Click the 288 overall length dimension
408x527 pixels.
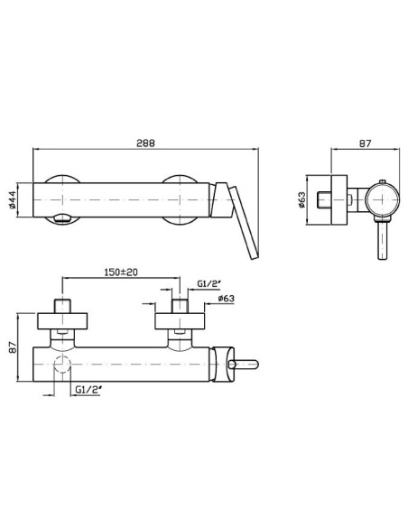tap(145, 143)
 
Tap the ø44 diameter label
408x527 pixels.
tap(13, 200)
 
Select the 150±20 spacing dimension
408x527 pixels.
tap(122, 272)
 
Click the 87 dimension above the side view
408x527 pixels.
tap(366, 143)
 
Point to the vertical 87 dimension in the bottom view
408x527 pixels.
tap(13, 347)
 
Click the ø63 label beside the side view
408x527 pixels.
tap(301, 199)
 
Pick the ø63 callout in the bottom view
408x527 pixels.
tap(227, 298)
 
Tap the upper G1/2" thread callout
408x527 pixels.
tap(209, 283)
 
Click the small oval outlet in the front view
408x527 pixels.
tap(62, 218)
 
